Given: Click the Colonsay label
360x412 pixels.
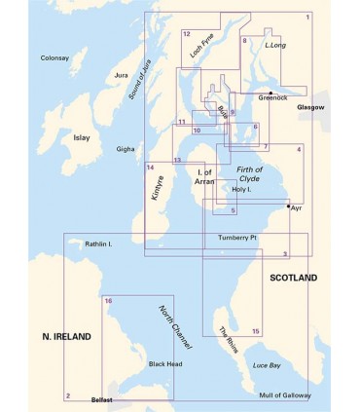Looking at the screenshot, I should coord(55,58).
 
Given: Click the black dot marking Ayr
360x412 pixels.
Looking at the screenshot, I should coord(288,207).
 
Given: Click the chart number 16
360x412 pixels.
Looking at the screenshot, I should coord(108,301).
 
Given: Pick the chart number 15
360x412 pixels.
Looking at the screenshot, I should coord(255,332).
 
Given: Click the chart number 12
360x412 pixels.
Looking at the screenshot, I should coord(186,34).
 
